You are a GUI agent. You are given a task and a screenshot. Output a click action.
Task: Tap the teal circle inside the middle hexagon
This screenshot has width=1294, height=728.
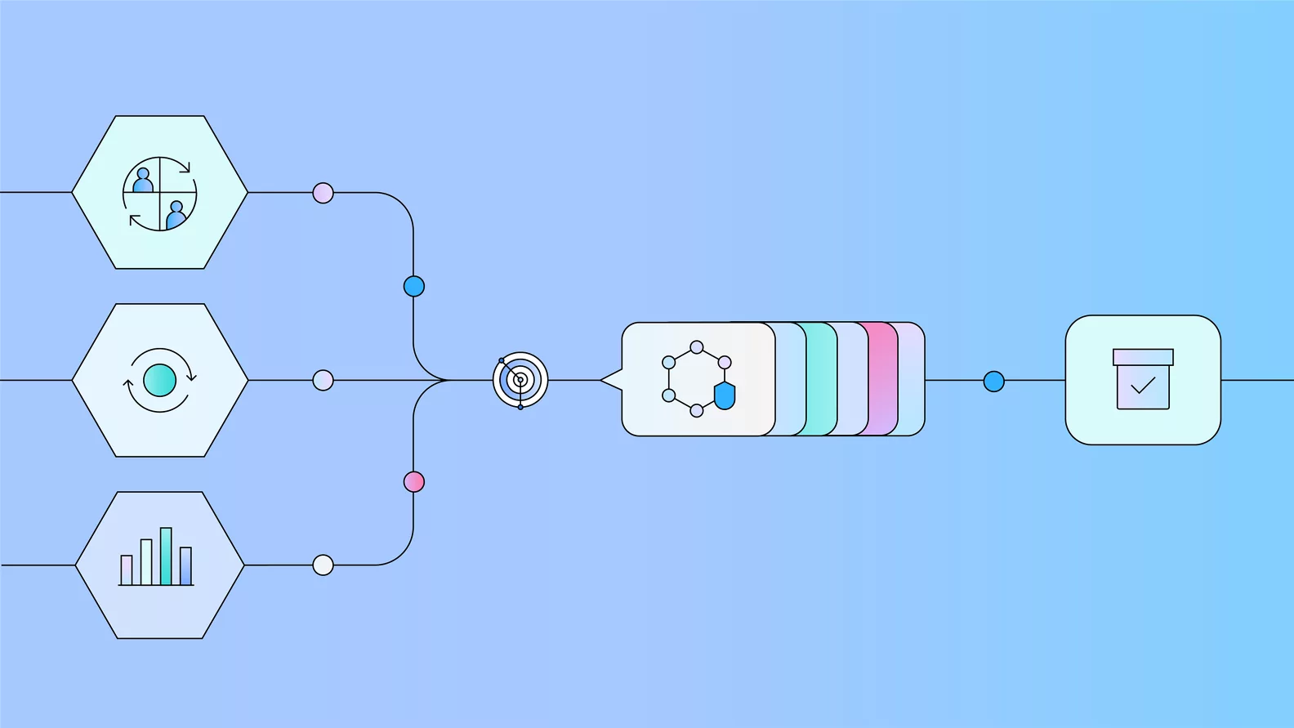159,380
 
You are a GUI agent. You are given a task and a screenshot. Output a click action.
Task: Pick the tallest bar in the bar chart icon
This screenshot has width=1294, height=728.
166,556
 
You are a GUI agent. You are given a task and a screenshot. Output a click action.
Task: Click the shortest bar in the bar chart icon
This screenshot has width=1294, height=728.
127,569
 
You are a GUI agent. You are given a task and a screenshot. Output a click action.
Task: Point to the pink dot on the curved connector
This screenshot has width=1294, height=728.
414,482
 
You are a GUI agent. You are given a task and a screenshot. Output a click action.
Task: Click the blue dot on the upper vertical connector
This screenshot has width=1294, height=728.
414,287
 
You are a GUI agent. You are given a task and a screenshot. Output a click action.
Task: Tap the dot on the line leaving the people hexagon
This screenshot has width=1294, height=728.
323,193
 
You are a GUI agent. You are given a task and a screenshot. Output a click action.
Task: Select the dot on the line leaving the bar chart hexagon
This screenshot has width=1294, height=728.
323,565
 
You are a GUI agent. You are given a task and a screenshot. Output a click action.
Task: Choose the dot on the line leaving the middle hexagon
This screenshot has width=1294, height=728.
323,380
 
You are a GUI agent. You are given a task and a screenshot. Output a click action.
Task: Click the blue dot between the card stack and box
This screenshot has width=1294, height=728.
993,382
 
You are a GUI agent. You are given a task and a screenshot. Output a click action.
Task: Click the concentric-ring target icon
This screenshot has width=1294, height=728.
520,380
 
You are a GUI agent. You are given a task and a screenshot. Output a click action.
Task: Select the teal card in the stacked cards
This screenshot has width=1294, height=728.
821,379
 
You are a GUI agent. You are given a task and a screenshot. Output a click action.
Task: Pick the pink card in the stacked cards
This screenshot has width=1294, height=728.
882,379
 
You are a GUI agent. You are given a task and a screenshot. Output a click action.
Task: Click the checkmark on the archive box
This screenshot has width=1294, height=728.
1143,385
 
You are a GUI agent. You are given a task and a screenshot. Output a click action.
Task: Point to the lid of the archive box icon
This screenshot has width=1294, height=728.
1143,357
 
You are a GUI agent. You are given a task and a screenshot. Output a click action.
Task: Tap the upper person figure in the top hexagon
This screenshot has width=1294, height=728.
144,181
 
